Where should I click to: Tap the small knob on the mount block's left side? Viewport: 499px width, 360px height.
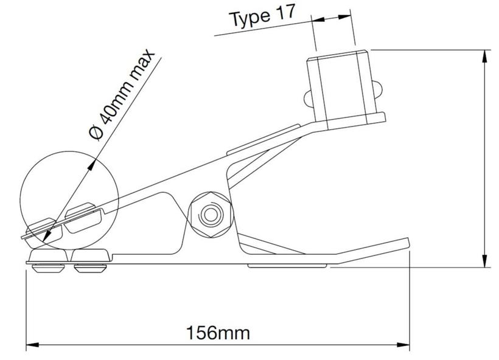coord(307,97)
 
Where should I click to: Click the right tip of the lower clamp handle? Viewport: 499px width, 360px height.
coord(407,243)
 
